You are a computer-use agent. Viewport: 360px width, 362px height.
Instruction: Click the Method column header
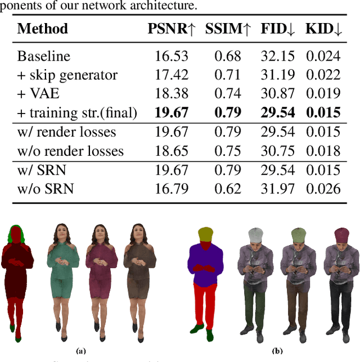click(x=43, y=29)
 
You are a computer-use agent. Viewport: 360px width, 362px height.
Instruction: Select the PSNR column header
click(x=169, y=29)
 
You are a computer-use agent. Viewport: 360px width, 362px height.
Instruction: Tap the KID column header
click(x=323, y=29)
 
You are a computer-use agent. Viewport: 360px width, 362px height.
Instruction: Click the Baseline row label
click(x=44, y=56)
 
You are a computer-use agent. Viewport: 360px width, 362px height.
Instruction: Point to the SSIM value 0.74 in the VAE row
click(x=228, y=93)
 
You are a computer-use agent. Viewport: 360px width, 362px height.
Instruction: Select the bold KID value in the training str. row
click(x=323, y=112)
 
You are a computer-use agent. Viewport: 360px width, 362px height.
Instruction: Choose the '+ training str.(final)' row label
click(x=77, y=112)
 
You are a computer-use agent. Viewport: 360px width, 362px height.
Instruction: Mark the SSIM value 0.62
click(x=228, y=188)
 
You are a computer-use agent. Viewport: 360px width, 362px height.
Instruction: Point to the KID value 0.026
click(x=323, y=188)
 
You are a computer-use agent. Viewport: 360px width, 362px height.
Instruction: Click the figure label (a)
click(x=81, y=351)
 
